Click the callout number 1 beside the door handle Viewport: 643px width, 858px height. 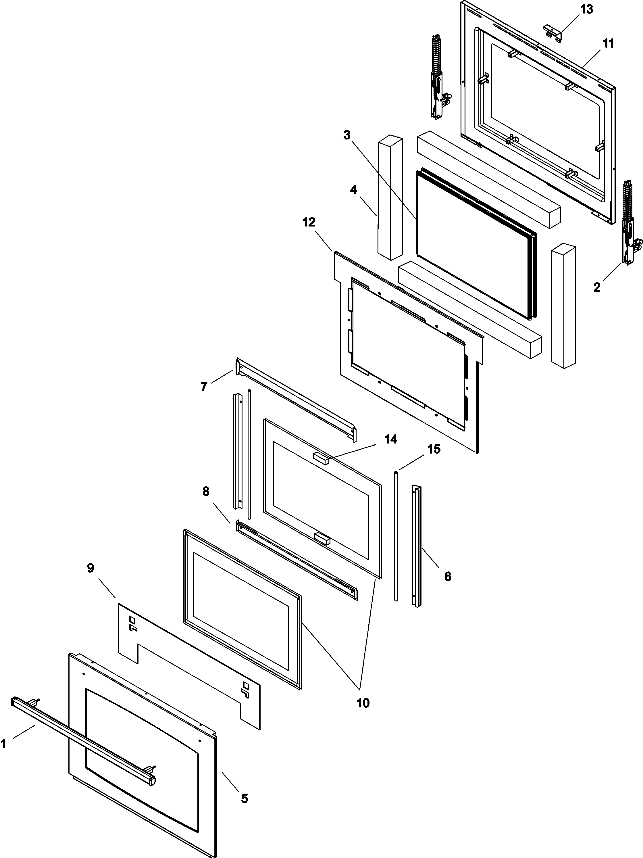tap(3, 744)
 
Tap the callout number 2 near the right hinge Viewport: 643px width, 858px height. tap(597, 287)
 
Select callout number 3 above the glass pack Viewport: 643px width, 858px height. tap(347, 135)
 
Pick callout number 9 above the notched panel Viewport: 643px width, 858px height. tap(91, 568)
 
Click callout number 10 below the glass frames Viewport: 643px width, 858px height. tap(363, 703)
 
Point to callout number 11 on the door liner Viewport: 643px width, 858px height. tap(609, 44)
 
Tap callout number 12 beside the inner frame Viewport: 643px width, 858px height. tap(309, 222)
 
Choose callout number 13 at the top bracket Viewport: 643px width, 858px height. tap(587, 9)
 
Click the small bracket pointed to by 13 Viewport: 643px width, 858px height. tap(552, 31)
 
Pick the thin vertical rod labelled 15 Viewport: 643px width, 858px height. tap(396, 535)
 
